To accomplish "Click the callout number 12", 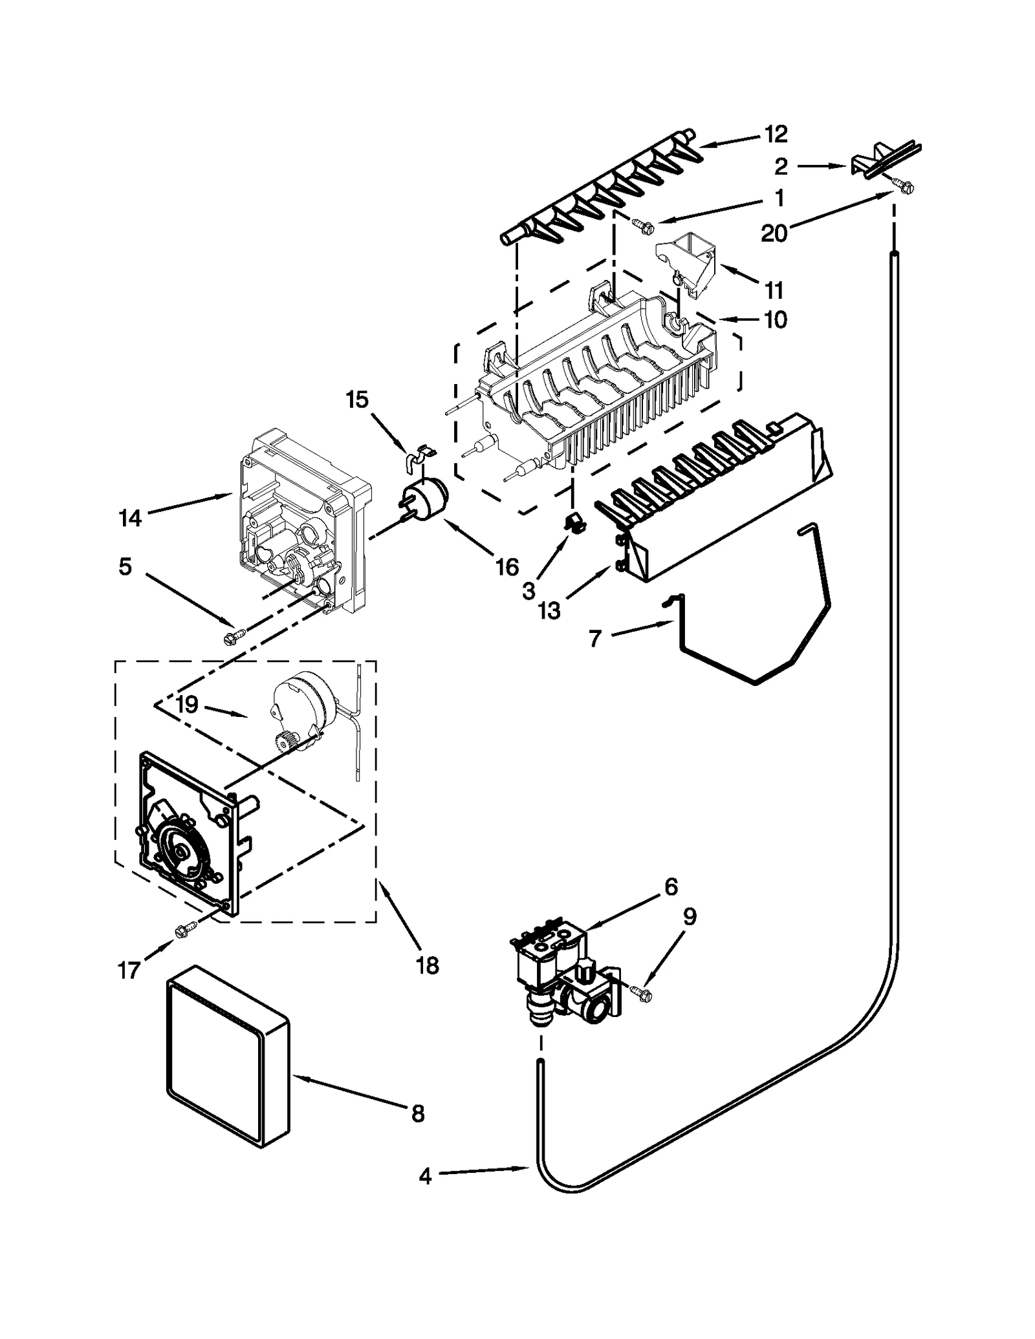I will point(776,134).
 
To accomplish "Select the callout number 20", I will point(774,233).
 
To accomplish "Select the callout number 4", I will point(425,1176).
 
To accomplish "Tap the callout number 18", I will point(428,965).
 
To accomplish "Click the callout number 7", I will point(595,639).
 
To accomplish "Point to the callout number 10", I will point(776,319).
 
